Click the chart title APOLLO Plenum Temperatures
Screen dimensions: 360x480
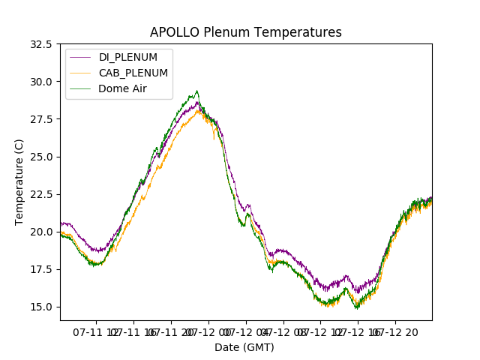click(x=245, y=32)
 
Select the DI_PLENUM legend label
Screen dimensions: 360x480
click(x=128, y=58)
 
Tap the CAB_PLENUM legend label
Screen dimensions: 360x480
click(x=133, y=73)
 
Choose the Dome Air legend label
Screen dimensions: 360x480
click(x=123, y=88)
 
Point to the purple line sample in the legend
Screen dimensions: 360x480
click(x=81, y=58)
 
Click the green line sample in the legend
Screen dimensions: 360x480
click(x=81, y=88)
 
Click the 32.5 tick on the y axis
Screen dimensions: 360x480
click(x=41, y=44)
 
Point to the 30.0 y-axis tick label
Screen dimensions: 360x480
click(x=41, y=82)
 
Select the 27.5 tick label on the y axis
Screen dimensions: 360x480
click(x=41, y=119)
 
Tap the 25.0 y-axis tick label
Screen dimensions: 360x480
click(x=41, y=157)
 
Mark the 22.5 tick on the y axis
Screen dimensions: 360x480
click(x=41, y=194)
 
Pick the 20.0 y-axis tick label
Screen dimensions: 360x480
click(x=41, y=232)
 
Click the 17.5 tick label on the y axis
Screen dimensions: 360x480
click(x=41, y=269)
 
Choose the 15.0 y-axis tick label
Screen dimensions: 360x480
click(x=41, y=307)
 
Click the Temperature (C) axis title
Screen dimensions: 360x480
click(x=19, y=182)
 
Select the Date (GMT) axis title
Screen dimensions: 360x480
click(x=244, y=347)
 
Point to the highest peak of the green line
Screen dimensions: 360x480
click(x=197, y=91)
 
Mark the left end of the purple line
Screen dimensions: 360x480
click(x=61, y=222)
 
